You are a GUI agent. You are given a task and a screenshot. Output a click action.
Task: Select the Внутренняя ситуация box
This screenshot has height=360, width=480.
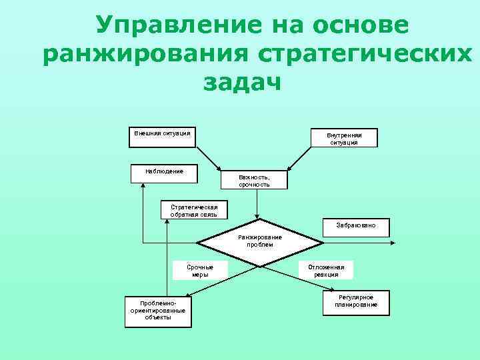tap(343, 138)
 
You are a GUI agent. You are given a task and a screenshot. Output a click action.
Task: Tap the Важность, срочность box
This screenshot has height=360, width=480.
tap(254, 180)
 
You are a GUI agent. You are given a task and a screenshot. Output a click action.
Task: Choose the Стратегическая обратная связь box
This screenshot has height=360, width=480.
tap(194, 210)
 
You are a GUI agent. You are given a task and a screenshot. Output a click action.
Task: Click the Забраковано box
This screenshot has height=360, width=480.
tap(356, 226)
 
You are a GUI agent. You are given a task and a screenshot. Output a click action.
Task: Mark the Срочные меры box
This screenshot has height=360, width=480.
tap(199, 270)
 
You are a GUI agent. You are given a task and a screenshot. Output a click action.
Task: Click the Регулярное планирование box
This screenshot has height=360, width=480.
tap(356, 301)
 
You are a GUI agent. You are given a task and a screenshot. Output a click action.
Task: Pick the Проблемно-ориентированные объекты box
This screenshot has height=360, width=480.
tap(157, 310)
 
